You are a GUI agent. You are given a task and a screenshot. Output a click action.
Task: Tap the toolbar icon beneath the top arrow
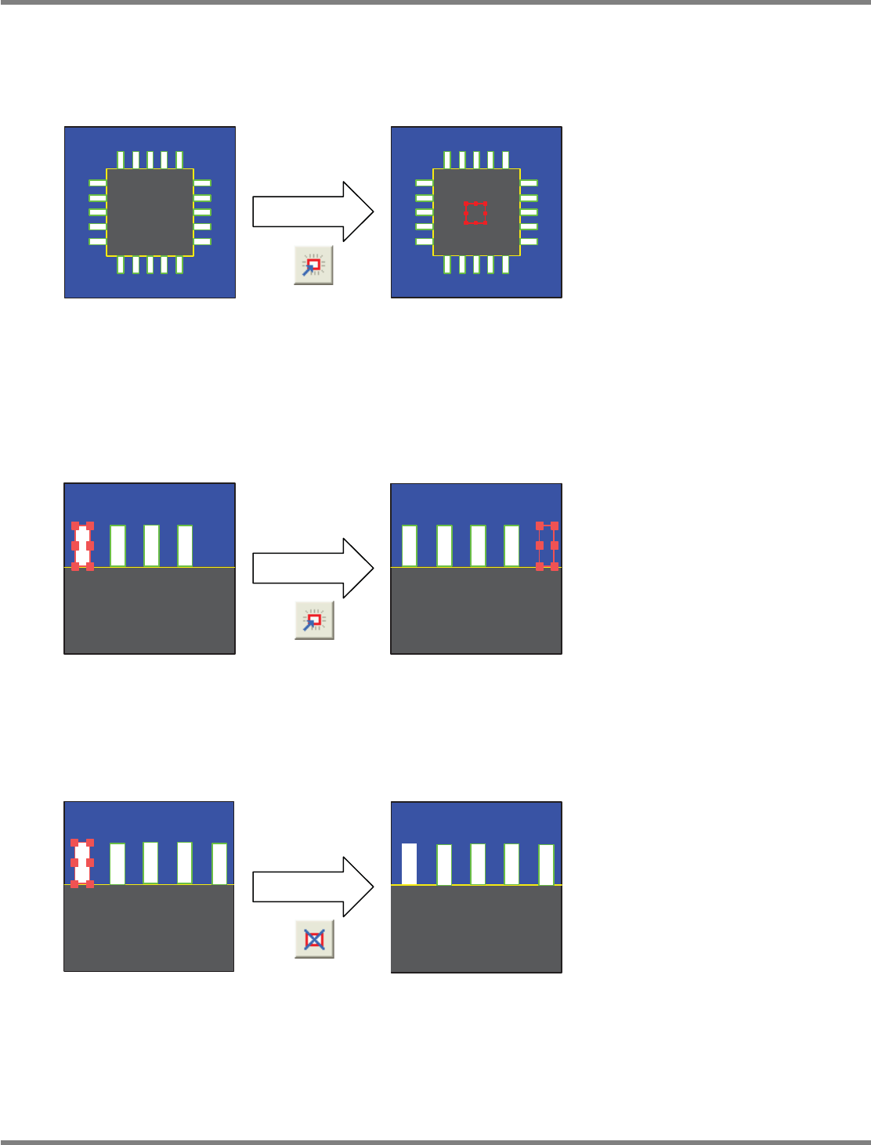click(313, 265)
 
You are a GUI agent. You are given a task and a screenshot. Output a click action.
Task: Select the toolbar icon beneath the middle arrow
click(314, 620)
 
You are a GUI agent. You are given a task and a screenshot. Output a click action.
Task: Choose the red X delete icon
click(314, 938)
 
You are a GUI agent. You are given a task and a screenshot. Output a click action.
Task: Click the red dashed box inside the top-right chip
click(475, 213)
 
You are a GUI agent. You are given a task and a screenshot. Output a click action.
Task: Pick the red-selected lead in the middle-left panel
click(83, 545)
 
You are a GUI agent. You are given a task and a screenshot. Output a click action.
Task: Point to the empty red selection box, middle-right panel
click(547, 545)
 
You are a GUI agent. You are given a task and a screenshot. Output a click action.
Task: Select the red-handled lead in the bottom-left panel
click(82, 862)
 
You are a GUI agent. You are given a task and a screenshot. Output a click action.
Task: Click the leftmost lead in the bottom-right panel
click(409, 864)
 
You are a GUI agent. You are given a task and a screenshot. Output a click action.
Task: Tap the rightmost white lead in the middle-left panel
click(185, 545)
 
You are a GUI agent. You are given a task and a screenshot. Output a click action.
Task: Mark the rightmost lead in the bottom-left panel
click(219, 863)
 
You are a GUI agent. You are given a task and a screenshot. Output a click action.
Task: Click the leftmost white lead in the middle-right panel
click(410, 545)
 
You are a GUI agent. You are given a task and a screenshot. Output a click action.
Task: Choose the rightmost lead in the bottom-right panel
click(546, 865)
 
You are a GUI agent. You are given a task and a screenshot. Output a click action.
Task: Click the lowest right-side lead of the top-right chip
click(529, 241)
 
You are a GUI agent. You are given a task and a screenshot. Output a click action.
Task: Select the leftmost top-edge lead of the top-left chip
click(121, 160)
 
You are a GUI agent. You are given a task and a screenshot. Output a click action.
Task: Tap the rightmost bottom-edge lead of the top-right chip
click(505, 265)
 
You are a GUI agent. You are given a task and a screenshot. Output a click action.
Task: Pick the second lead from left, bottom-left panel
click(117, 863)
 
